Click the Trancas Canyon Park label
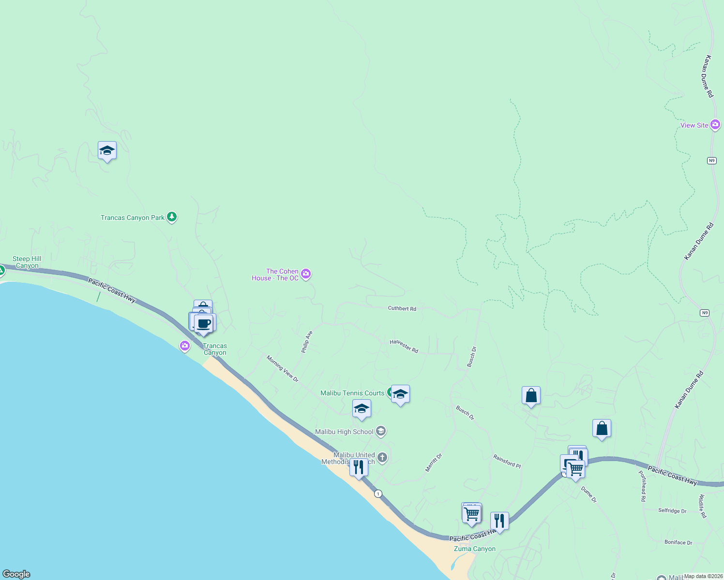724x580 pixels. [x=132, y=218]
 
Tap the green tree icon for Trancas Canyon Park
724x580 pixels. [x=172, y=217]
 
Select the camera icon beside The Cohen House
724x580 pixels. [x=306, y=274]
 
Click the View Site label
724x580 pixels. [x=694, y=125]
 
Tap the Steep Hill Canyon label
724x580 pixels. [x=27, y=262]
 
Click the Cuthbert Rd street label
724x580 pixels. [x=402, y=308]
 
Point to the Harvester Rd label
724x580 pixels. [x=404, y=346]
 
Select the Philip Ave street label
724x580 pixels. [x=307, y=342]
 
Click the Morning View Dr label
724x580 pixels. [x=283, y=369]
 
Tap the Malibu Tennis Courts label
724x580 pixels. [x=352, y=393]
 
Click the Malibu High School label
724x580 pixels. [x=344, y=432]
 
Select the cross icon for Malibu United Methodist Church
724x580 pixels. [x=382, y=457]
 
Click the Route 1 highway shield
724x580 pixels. [x=378, y=493]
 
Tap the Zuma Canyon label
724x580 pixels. [x=474, y=549]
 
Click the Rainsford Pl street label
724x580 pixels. [x=507, y=461]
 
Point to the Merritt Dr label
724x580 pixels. [x=434, y=463]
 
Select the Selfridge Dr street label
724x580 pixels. [x=672, y=510]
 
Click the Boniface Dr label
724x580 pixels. [x=678, y=542]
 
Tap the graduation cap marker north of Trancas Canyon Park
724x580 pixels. [x=107, y=151]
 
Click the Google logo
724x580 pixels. [x=16, y=574]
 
